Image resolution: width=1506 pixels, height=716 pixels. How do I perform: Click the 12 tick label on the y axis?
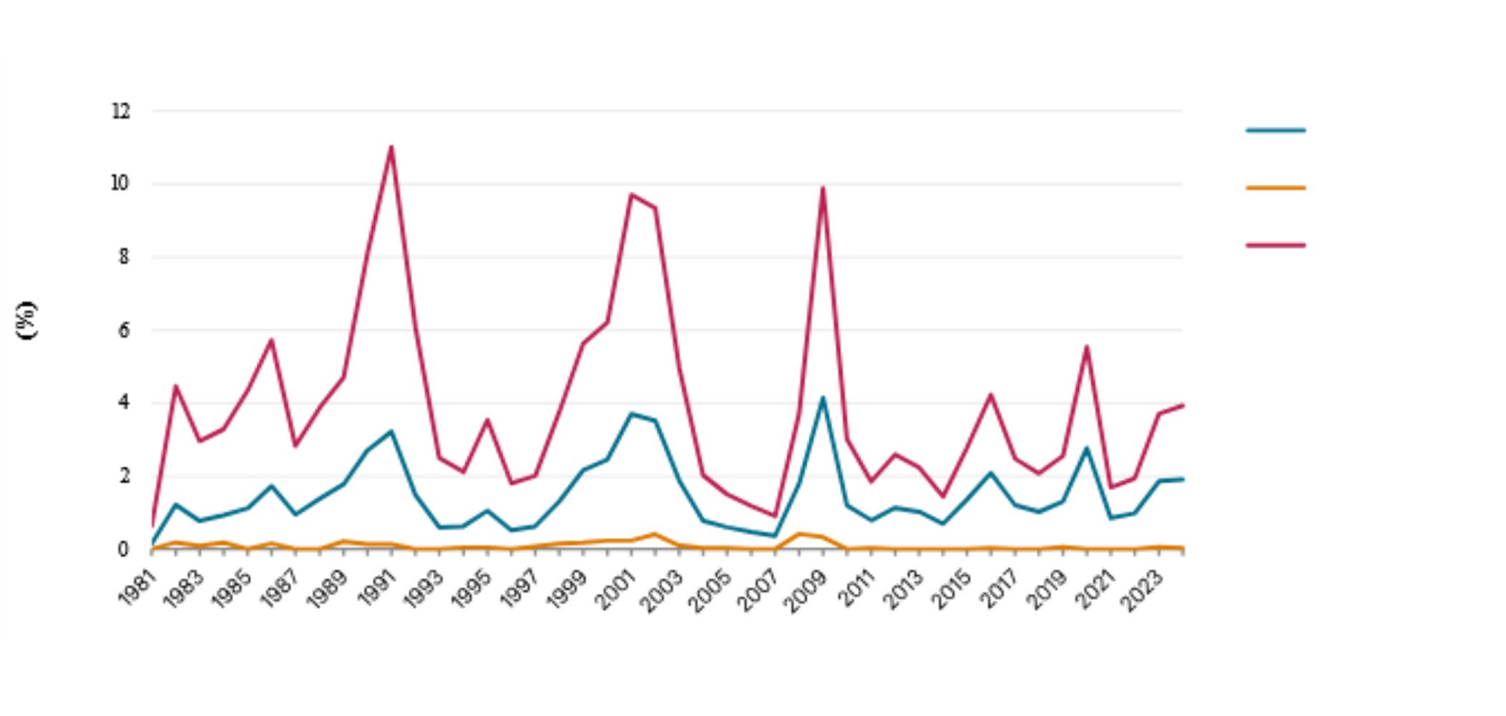(x=121, y=111)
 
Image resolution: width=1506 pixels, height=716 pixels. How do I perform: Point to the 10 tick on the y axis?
(x=120, y=183)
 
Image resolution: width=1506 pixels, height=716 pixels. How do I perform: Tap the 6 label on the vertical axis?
(x=124, y=330)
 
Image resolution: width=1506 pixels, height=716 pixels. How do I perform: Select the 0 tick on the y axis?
(x=124, y=549)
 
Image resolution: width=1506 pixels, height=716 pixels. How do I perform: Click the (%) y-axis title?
(x=26, y=320)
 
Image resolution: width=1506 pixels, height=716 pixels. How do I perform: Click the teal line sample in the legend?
(x=1276, y=131)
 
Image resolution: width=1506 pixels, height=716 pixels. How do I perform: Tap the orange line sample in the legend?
(x=1276, y=188)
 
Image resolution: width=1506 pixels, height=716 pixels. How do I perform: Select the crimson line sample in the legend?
(x=1276, y=245)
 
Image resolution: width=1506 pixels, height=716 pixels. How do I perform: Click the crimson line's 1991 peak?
(x=391, y=147)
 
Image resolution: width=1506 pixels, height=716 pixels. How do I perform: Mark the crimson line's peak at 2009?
(x=823, y=187)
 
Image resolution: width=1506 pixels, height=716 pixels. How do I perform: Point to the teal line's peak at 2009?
(x=823, y=398)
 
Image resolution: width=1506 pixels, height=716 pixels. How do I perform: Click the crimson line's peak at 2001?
(x=631, y=194)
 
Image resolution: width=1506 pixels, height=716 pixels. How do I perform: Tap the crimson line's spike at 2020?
(x=1087, y=347)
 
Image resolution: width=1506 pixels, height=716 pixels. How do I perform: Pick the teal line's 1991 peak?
(x=391, y=431)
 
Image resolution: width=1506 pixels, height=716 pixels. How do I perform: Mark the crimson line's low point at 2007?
(x=775, y=516)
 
